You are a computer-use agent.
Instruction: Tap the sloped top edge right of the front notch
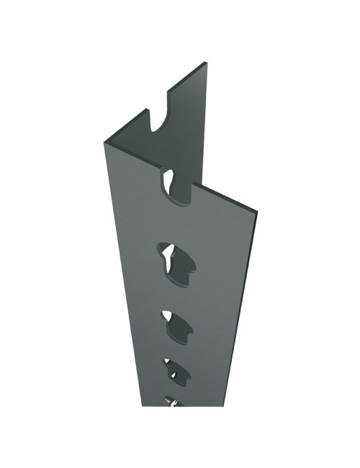coord(223,199)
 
